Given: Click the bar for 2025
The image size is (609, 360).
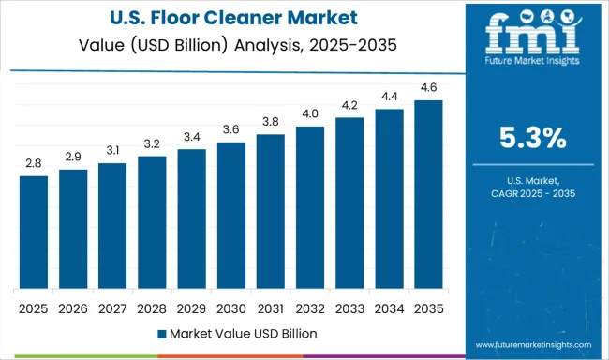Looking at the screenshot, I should coord(33,232).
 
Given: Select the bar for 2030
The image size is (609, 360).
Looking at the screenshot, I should coord(230,216).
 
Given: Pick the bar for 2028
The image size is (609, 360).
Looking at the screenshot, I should coord(152,223).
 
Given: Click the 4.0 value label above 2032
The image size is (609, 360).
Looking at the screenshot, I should coord(310,114).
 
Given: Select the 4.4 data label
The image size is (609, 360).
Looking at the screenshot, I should coord(389,97).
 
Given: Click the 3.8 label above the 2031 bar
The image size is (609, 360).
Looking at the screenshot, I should coord(270,122).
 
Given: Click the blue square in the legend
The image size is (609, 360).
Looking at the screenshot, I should coord(162,333).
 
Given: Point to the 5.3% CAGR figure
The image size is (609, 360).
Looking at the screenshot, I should coord(532,139).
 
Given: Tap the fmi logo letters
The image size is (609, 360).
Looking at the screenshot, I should coord(531,37).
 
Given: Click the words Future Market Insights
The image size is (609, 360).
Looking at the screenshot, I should coord(531,67).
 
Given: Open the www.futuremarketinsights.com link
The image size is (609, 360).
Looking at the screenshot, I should coord(531,345).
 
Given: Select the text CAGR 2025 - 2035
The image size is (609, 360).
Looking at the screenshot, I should coord(532,192).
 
